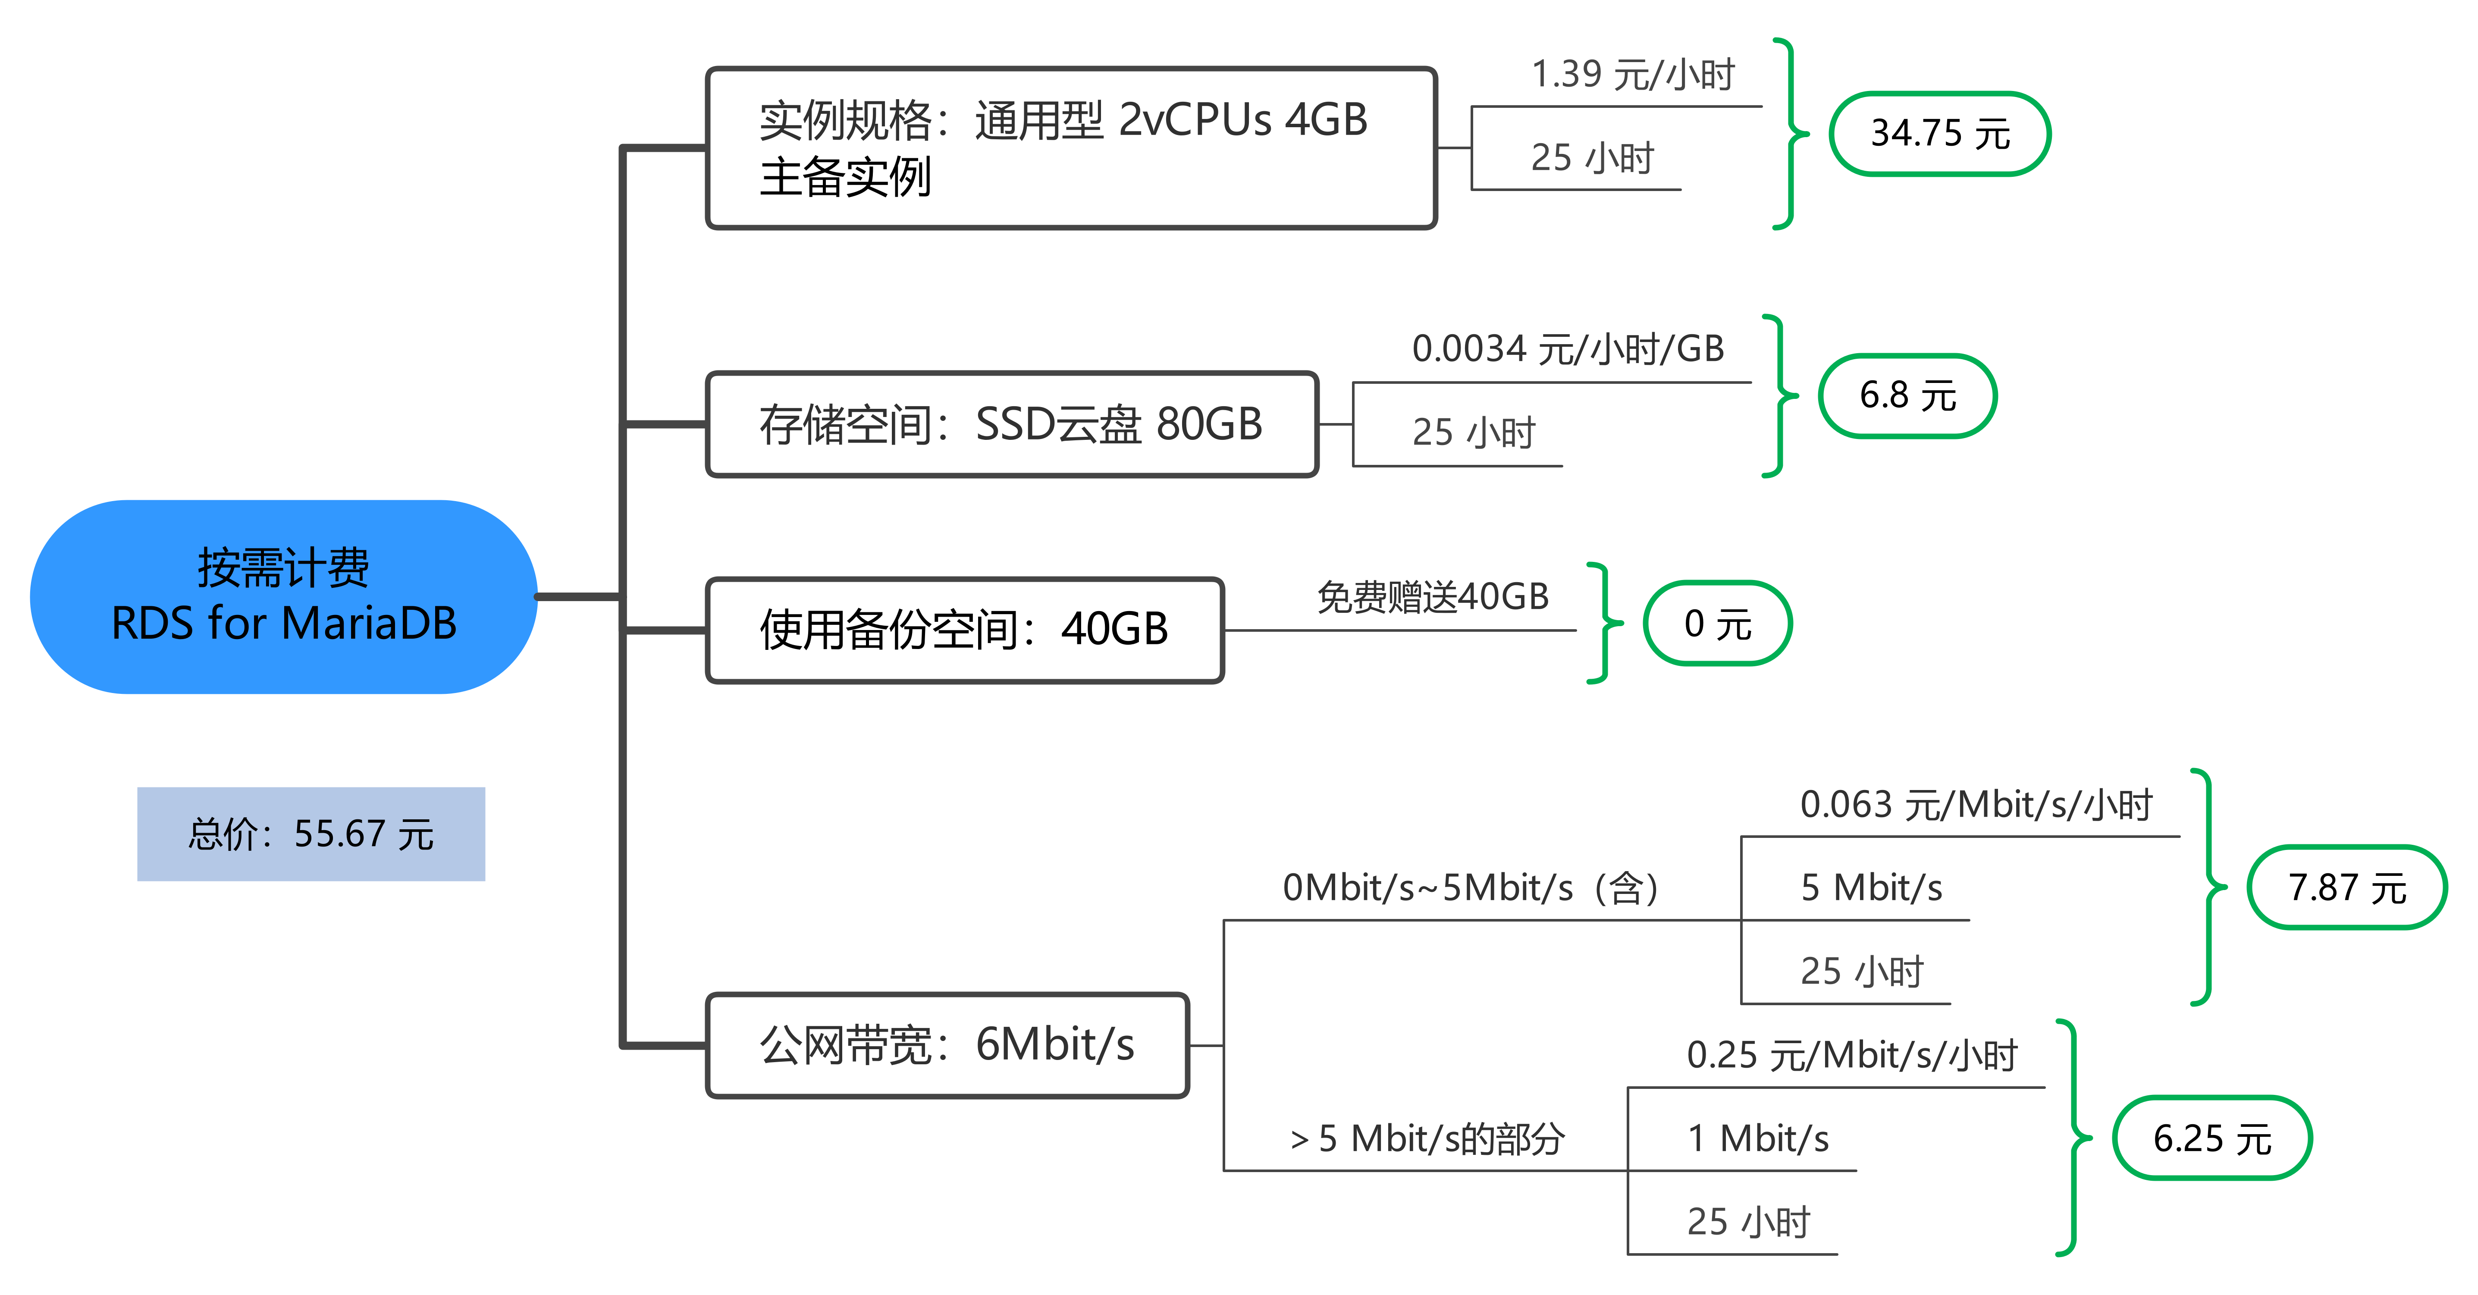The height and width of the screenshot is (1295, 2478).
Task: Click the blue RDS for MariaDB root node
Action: (x=284, y=596)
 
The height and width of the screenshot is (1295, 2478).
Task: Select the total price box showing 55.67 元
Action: (x=311, y=833)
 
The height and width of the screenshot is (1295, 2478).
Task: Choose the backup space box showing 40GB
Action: (x=965, y=630)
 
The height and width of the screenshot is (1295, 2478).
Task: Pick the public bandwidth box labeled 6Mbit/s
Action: (x=947, y=1045)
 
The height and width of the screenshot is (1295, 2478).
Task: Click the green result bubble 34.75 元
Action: (x=1939, y=134)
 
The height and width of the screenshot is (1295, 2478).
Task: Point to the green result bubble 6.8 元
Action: (x=1907, y=395)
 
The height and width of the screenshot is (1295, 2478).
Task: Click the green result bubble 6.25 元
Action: (x=2211, y=1138)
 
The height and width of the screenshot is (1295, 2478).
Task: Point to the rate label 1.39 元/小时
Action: (x=1632, y=74)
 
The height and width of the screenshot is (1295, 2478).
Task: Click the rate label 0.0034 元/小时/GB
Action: (x=1568, y=348)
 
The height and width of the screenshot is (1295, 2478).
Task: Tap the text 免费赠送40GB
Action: (x=1432, y=596)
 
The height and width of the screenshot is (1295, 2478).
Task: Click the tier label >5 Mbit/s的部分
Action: (x=1427, y=1138)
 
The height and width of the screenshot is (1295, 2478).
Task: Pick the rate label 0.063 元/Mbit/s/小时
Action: (x=1976, y=804)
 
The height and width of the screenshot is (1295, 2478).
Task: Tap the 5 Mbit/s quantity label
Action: (x=1871, y=887)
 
